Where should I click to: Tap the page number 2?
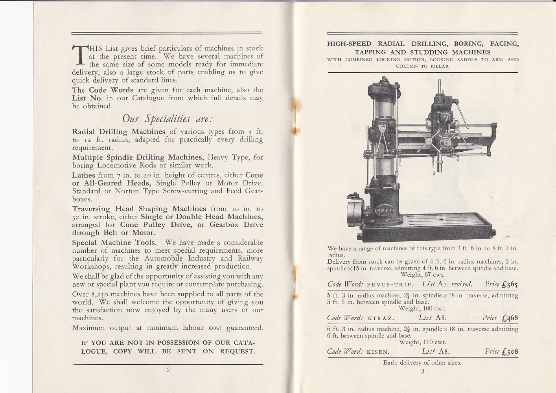coord(168,370)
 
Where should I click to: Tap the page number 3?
coord(423,372)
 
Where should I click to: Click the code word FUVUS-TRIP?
coord(389,285)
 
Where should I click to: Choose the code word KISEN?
coord(378,352)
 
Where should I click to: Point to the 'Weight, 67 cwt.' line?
coord(422,275)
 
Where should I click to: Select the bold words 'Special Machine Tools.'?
coord(114,242)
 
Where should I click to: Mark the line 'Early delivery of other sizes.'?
coord(422,363)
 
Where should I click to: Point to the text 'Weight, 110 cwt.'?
coord(422,342)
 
